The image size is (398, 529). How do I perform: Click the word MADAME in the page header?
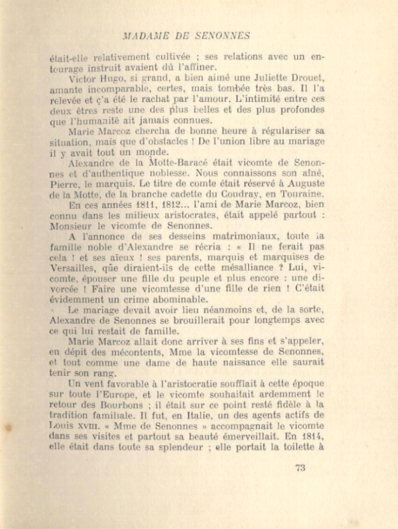pos(143,36)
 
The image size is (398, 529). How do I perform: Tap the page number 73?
pos(300,468)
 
